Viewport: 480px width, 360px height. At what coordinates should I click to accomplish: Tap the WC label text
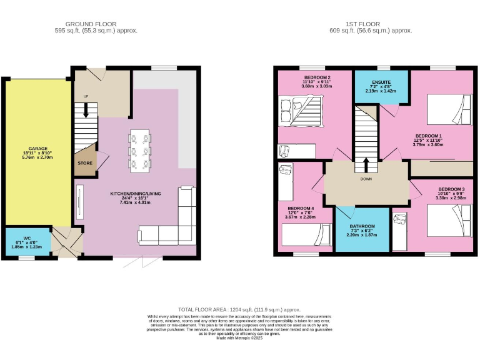click(27, 238)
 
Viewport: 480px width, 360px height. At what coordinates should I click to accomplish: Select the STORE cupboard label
click(85, 163)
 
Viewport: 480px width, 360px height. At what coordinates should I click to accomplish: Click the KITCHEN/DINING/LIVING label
click(136, 194)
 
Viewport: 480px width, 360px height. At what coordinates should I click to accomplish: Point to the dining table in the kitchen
click(139, 151)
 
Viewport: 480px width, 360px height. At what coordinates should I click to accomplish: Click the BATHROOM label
click(362, 226)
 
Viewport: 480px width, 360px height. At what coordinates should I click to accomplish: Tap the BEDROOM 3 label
click(451, 189)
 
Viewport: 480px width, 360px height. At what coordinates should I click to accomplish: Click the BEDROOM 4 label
click(301, 208)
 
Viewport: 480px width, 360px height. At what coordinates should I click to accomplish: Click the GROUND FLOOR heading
click(96, 23)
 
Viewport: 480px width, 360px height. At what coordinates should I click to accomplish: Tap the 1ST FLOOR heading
click(371, 23)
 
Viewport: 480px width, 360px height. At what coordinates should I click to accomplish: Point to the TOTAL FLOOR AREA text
click(239, 309)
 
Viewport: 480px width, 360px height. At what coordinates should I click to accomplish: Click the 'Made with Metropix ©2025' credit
click(240, 338)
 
